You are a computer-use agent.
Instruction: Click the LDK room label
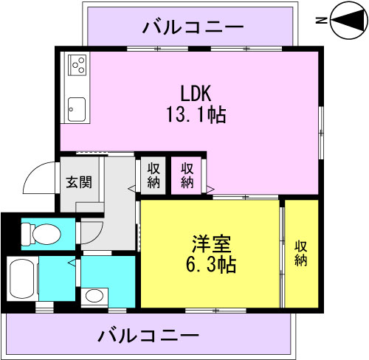[x=196, y=93]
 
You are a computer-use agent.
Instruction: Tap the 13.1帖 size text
[x=196, y=114]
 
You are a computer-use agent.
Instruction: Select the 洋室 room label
[x=211, y=244]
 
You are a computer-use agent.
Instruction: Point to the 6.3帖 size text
[x=211, y=264]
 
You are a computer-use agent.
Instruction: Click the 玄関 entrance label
[x=79, y=182]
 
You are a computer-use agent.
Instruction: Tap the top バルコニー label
[x=193, y=27]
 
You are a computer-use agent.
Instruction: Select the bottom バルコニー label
[x=148, y=336]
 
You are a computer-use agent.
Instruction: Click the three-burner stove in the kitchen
[x=77, y=65]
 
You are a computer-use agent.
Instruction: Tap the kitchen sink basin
[x=77, y=110]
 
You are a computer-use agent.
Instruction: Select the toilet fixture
[x=41, y=234]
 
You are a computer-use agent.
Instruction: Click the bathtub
[x=22, y=278]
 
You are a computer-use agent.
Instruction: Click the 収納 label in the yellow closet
[x=300, y=254]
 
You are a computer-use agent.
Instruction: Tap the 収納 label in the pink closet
[x=187, y=176]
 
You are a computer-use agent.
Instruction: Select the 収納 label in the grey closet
[x=154, y=176]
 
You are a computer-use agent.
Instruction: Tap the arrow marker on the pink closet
[x=210, y=190]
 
